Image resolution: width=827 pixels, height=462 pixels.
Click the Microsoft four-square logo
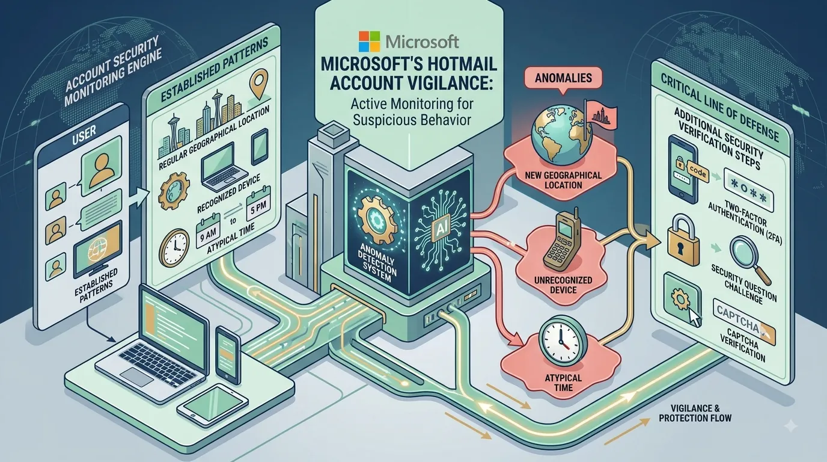pos(370,42)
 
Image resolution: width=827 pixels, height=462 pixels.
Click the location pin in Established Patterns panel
pos(259,84)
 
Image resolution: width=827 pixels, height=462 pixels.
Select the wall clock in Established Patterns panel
pos(174,248)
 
